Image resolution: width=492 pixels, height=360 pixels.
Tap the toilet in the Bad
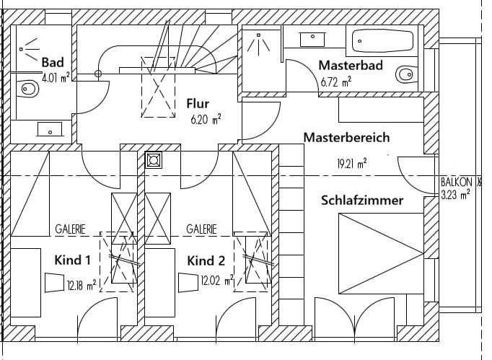pyautogui.click(x=30, y=89)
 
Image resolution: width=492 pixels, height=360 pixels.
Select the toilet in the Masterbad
pyautogui.click(x=406, y=73)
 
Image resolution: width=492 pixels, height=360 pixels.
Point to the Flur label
pyautogui.click(x=197, y=104)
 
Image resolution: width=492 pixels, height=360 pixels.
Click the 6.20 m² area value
pyautogui.click(x=206, y=120)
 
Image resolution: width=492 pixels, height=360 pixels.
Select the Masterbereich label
pyautogui.click(x=346, y=136)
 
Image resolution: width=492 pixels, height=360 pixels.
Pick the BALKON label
pyautogui.click(x=456, y=183)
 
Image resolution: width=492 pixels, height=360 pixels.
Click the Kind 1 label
pyautogui.click(x=72, y=260)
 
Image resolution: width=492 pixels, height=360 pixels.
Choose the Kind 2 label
pyautogui.click(x=206, y=260)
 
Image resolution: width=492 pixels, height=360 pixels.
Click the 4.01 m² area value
pyautogui.click(x=56, y=77)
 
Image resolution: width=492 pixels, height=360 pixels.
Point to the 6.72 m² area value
pyautogui.click(x=335, y=82)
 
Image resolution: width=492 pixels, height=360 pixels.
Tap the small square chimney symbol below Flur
pyautogui.click(x=154, y=160)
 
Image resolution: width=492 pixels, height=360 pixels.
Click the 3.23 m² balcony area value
pyautogui.click(x=456, y=193)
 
